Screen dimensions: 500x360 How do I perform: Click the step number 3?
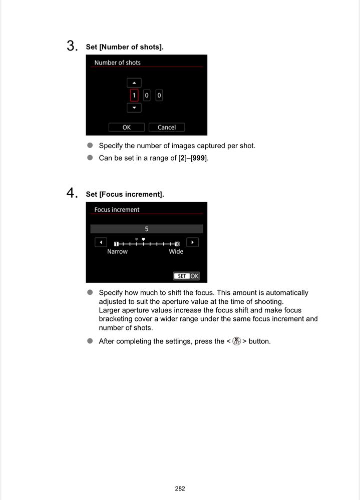[72, 47]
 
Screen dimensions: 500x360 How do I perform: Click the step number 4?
[72, 193]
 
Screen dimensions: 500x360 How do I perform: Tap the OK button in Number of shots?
[126, 128]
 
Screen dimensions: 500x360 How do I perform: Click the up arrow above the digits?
[134, 83]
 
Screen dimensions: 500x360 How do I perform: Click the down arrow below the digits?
[134, 108]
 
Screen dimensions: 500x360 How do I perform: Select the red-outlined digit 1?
[134, 95]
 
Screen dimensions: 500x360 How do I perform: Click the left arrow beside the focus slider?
[101, 242]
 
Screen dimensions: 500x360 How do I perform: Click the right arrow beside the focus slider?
[192, 242]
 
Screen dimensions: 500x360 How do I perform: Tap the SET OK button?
[186, 276]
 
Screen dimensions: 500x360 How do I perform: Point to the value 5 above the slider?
[147, 229]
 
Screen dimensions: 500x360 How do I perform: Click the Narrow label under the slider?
[117, 252]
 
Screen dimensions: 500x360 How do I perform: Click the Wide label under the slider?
[176, 252]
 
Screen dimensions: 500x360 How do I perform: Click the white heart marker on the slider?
[143, 239]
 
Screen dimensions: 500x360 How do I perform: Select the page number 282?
[180, 488]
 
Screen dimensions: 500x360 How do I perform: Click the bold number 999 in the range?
[199, 158]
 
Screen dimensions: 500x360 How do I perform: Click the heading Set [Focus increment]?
[125, 194]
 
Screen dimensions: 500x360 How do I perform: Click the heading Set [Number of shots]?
[125, 47]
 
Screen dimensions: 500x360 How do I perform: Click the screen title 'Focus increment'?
[117, 210]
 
